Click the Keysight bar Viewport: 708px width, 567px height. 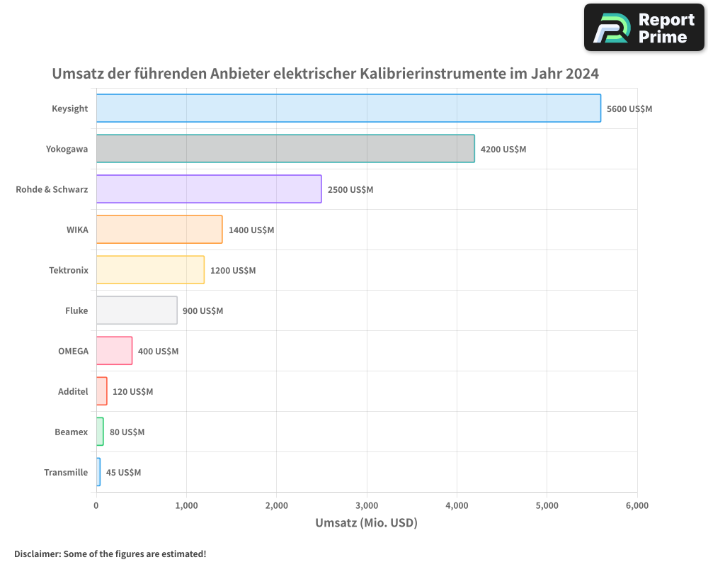point(348,108)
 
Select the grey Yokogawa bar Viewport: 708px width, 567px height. point(285,149)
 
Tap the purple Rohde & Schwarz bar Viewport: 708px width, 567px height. point(209,189)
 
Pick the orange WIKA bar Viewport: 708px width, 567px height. point(159,230)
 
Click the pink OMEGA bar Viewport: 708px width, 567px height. point(114,351)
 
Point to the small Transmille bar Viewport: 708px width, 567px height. point(98,472)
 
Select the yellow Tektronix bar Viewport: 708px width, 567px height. point(150,270)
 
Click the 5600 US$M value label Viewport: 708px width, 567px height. point(629,109)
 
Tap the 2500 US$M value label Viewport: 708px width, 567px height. point(350,190)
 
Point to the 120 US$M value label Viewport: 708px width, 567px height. point(132,392)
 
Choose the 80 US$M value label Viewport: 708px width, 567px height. point(127,432)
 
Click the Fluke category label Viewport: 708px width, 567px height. point(76,310)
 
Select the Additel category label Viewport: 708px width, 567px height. point(73,391)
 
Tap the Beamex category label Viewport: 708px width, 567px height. point(72,432)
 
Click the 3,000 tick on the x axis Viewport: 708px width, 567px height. point(367,505)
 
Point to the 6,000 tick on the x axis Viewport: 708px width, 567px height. point(636,505)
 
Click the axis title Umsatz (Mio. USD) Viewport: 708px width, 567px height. point(366,523)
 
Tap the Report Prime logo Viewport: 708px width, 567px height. point(644,27)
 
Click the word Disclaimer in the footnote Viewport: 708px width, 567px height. point(37,554)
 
